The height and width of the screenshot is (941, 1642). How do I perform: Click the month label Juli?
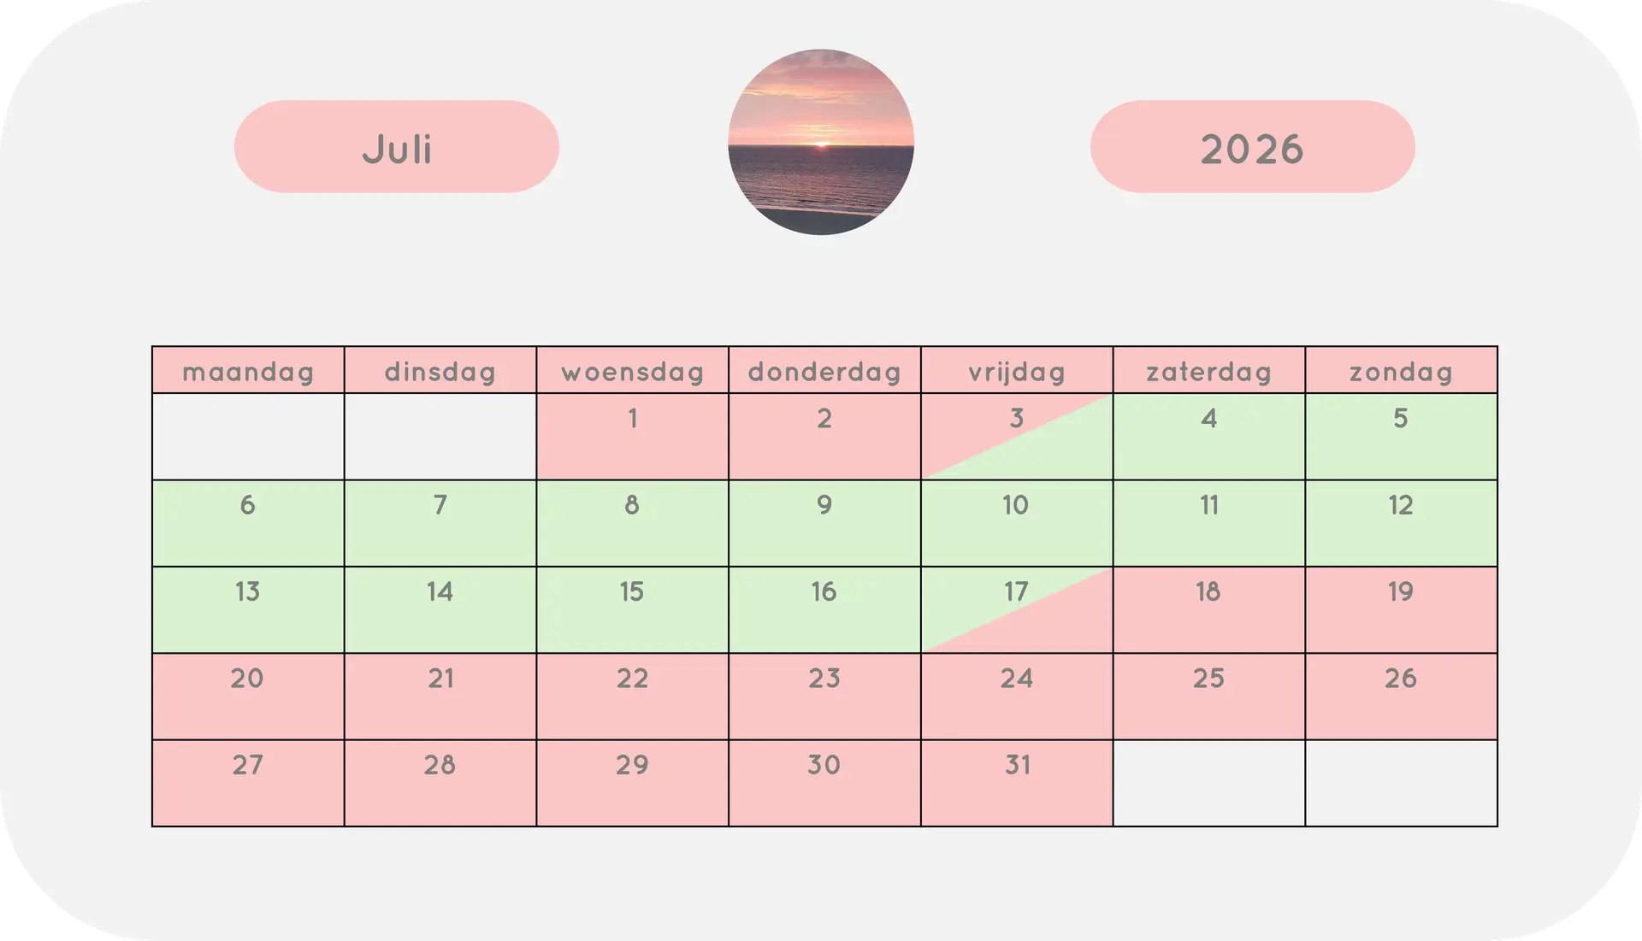point(397,149)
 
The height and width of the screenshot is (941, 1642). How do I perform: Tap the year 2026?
point(1252,150)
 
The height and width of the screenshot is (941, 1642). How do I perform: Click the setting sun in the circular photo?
point(821,145)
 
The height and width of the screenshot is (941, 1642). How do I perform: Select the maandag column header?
point(248,372)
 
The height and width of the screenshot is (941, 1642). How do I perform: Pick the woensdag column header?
point(632,372)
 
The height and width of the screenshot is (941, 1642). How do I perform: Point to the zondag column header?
point(1401,372)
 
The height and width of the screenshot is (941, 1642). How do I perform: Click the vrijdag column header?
point(1017,372)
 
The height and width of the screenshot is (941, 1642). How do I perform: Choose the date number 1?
point(633,418)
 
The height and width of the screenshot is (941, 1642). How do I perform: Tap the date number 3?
point(1016,418)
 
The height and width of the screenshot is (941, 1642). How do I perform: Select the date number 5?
point(1400,418)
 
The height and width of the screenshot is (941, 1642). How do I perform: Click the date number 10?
point(1015,505)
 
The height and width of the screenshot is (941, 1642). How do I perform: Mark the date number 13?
point(247,591)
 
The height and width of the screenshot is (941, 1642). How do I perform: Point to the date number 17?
point(1015,591)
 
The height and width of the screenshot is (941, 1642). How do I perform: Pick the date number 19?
point(1400,591)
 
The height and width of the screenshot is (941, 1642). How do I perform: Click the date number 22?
point(632,679)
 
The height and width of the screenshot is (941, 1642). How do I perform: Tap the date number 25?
point(1208,679)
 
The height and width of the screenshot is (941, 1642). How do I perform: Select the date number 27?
point(247,765)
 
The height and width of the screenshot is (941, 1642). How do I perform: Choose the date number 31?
point(1017,765)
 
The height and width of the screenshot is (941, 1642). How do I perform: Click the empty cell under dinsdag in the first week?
point(440,437)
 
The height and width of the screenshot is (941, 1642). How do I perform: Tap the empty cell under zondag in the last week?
point(1401,783)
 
